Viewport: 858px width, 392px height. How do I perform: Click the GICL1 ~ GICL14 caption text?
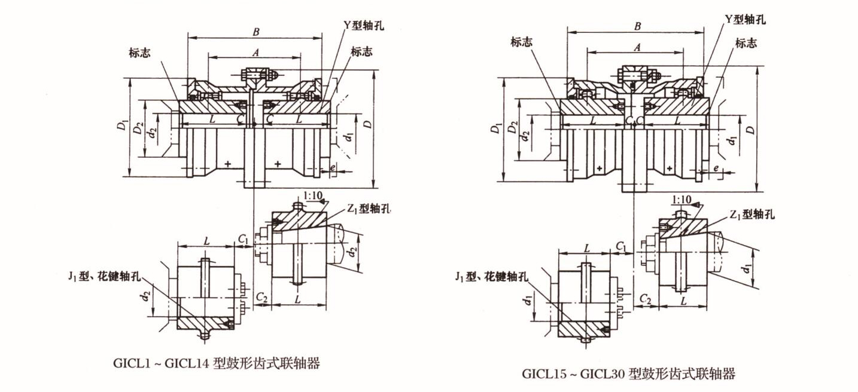coord(216,363)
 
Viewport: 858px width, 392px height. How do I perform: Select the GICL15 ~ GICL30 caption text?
coord(628,374)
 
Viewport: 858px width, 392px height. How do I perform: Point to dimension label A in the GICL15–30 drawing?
coord(637,46)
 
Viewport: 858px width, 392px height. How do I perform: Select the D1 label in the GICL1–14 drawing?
coord(123,126)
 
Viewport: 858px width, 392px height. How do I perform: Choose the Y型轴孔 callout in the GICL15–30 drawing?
coord(745,20)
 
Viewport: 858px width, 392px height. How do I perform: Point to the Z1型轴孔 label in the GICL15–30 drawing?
coord(752,215)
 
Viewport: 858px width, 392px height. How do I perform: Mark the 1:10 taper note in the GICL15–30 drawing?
coord(681,199)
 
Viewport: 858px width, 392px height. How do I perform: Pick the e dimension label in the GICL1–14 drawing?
coord(332,168)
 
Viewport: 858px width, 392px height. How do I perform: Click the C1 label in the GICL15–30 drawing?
coord(622,246)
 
